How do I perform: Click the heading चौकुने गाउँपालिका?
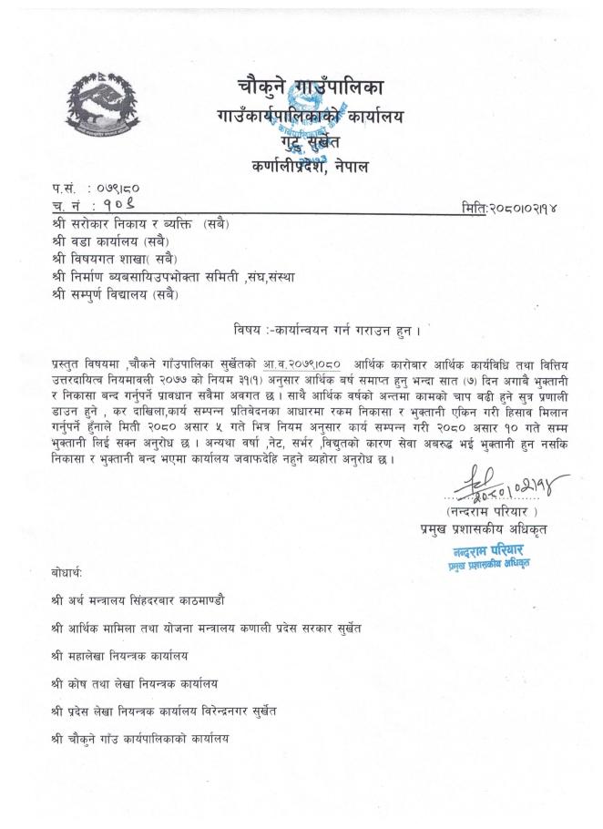click(x=304, y=88)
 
